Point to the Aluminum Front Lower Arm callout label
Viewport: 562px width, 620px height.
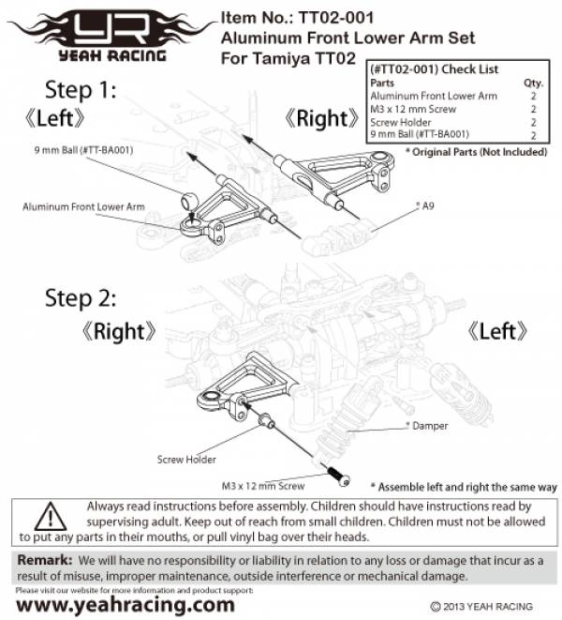(x=83, y=205)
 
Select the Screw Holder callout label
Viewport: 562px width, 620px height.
(x=186, y=460)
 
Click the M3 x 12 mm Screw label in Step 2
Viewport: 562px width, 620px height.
(x=262, y=487)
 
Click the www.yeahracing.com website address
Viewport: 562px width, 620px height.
(x=126, y=605)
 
